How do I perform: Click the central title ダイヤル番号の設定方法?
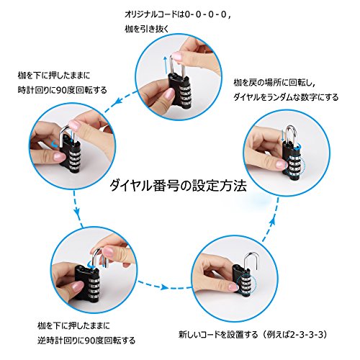(178, 186)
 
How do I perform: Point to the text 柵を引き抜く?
(147, 29)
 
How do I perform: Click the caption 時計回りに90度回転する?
(63, 90)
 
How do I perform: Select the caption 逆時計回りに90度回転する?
(86, 341)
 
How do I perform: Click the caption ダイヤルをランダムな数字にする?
(286, 97)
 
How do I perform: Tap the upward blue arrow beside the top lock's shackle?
(165, 66)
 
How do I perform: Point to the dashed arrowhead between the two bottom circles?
(164, 287)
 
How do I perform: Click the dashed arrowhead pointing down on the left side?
(76, 211)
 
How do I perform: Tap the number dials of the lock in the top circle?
(186, 95)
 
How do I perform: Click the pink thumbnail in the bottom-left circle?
(77, 287)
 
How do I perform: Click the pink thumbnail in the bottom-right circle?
(233, 287)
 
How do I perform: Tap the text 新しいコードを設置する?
(218, 334)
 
